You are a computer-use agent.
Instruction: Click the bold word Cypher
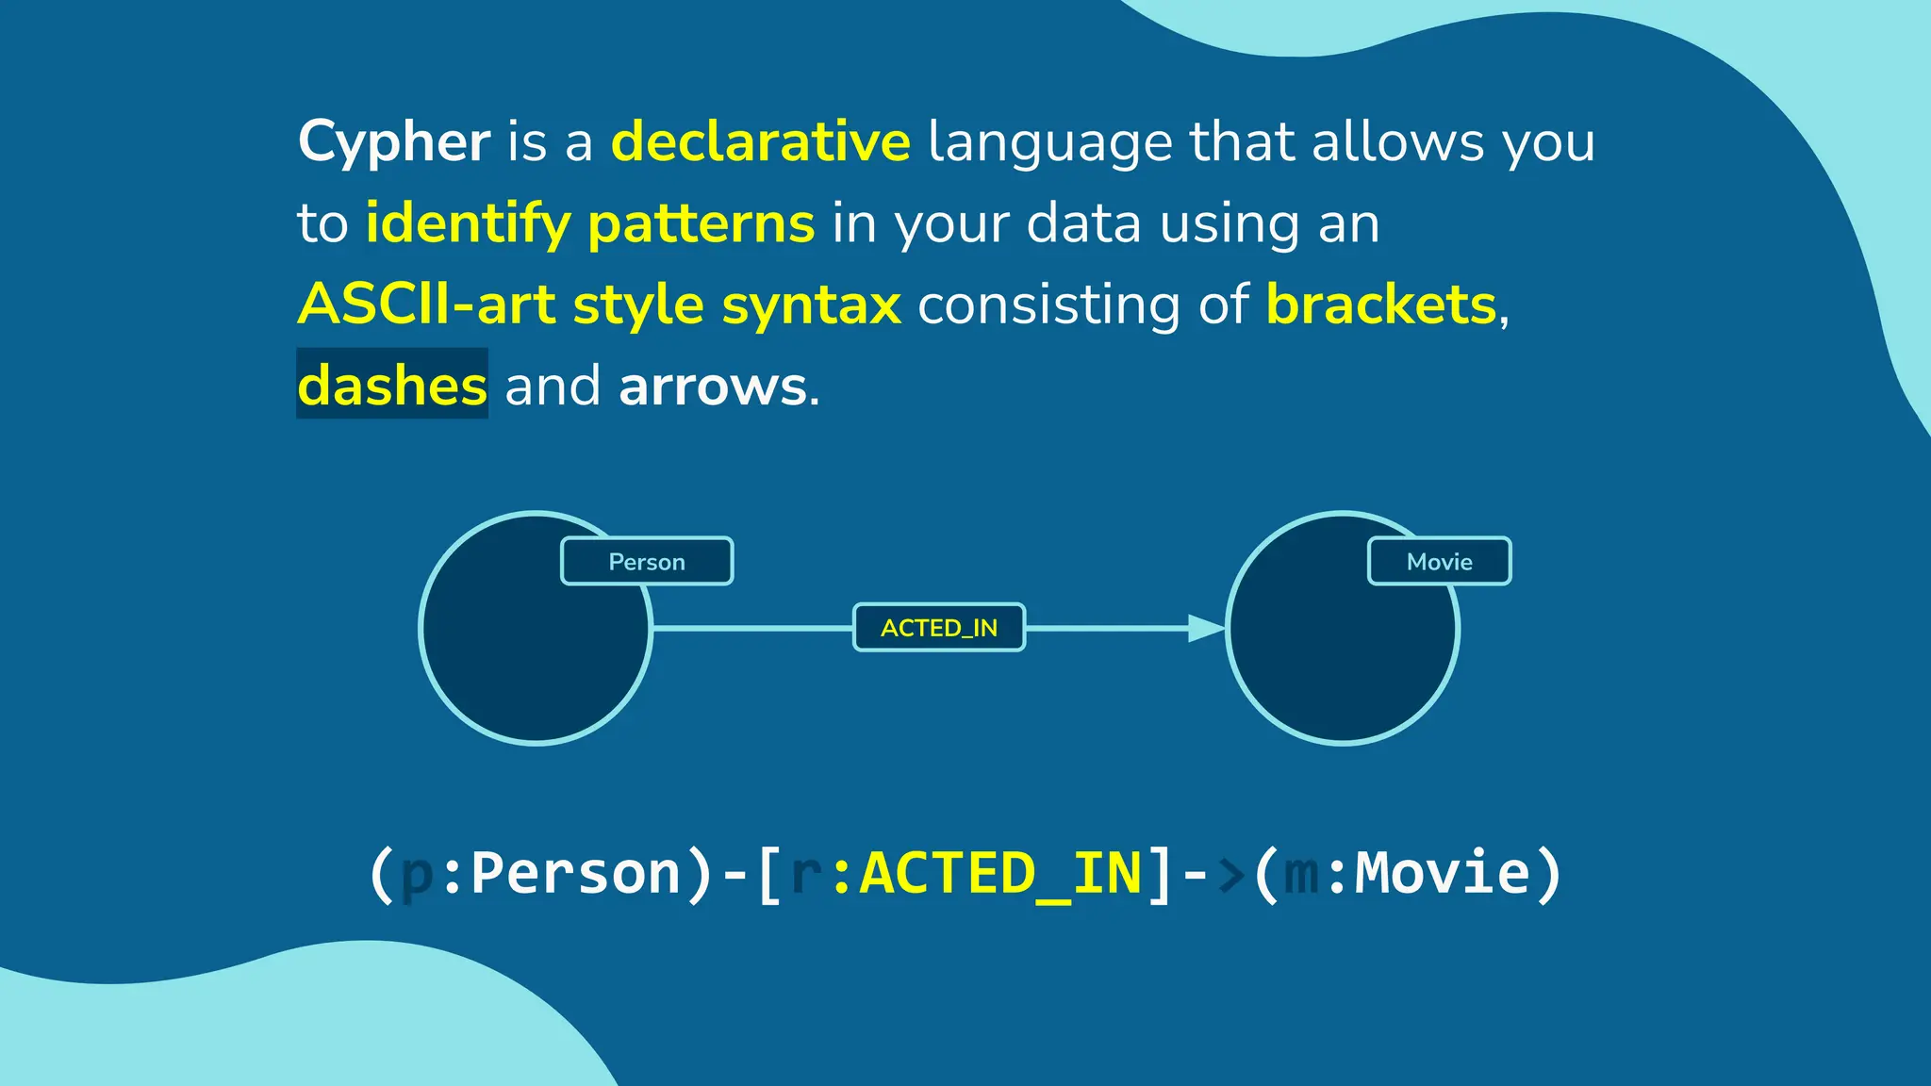393,142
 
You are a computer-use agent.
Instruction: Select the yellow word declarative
760,142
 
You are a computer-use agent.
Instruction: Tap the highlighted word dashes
392,386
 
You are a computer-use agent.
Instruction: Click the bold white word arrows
713,387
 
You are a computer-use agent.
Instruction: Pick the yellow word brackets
1380,304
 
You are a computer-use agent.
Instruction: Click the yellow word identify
468,224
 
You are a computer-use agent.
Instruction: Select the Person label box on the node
647,562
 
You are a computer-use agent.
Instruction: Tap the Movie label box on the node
1439,562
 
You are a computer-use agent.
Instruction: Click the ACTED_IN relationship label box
939,628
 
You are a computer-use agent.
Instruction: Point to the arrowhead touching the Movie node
1205,628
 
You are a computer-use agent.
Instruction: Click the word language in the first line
1048,142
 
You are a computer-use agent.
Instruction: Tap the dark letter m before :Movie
1301,873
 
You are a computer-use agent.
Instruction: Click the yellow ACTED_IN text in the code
1001,873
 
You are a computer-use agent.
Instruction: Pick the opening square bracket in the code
769,873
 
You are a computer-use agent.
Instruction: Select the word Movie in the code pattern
1443,873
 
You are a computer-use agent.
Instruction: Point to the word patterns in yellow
701,224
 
